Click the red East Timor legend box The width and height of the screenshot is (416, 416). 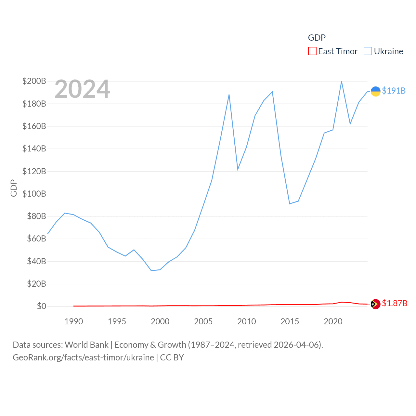pos(312,51)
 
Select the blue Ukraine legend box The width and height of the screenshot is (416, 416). pos(368,51)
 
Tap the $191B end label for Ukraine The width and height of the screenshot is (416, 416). pos(394,91)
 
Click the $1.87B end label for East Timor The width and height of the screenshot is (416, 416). pos(394,303)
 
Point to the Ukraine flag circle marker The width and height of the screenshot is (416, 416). pos(375,91)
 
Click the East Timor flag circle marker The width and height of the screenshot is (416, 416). pos(375,304)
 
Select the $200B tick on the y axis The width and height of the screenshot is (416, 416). pos(34,81)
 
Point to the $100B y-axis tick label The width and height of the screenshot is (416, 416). pos(34,194)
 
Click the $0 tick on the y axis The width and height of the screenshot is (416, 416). pos(41,306)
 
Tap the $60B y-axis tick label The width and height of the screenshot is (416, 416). pos(34,239)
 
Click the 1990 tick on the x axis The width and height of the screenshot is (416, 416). pos(74,321)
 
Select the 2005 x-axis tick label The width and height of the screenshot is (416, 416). pos(203,321)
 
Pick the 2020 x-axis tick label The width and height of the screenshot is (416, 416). pos(333,321)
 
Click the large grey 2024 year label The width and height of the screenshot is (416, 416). pos(82,89)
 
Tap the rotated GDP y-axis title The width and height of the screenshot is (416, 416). pos(14,188)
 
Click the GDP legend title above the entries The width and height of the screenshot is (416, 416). pos(317,38)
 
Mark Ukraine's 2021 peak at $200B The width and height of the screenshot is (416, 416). pos(341,81)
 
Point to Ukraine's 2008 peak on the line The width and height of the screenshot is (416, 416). pos(229,95)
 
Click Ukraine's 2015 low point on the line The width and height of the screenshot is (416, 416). pos(290,204)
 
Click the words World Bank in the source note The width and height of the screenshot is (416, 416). pos(86,344)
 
